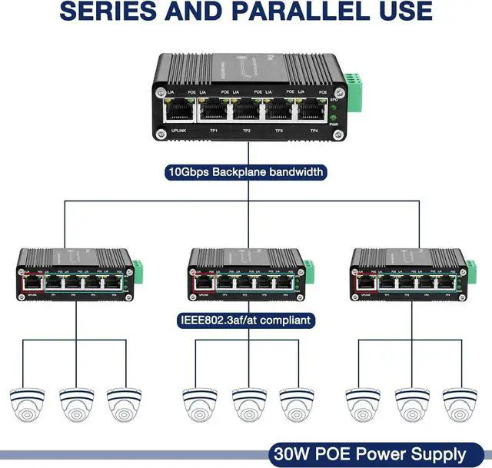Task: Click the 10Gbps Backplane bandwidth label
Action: pyautogui.click(x=245, y=172)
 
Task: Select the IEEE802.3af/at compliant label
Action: pyautogui.click(x=245, y=319)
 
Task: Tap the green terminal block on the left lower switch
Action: pyautogui.click(x=138, y=267)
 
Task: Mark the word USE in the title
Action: pyautogui.click(x=401, y=12)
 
